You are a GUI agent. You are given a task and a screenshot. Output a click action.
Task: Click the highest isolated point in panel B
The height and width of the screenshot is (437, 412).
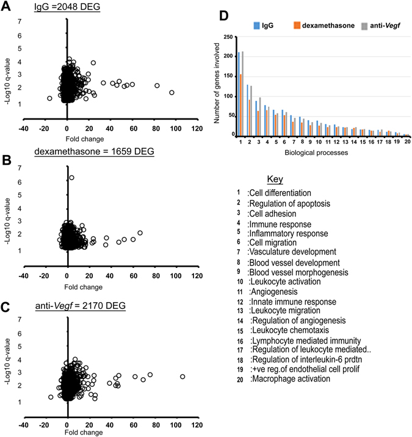click(71, 178)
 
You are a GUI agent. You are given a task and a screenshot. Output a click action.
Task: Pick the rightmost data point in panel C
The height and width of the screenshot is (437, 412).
click(183, 377)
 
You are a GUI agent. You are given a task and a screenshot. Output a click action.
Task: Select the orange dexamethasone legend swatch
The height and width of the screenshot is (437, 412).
click(297, 25)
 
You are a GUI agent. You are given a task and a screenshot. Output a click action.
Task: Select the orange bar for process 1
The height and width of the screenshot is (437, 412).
click(241, 104)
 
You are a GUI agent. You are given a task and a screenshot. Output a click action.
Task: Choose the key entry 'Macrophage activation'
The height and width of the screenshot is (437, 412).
click(291, 378)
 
